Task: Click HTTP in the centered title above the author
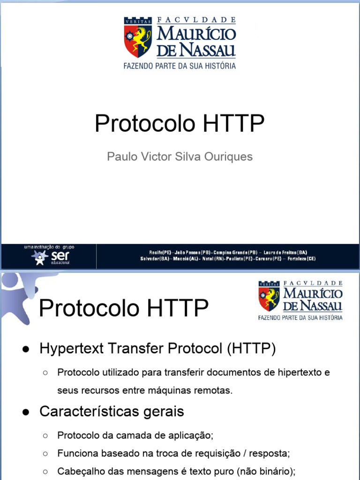[234, 124]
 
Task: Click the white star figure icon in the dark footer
[39, 257]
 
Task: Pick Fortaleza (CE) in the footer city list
[301, 259]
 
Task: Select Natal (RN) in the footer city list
[213, 259]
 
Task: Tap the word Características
[89, 412]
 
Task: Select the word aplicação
[193, 435]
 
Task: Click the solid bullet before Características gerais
[26, 412]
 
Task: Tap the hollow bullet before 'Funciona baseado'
[45, 453]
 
